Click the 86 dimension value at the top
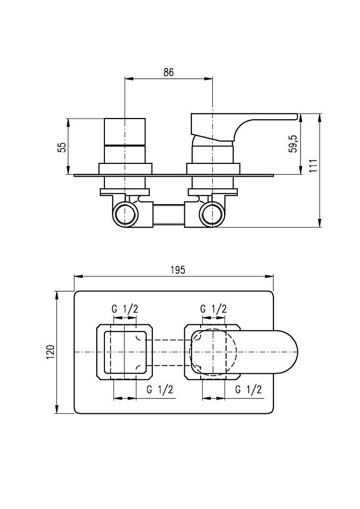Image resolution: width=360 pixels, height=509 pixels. coord(169,72)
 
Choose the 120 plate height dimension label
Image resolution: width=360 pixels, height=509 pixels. coord(50,352)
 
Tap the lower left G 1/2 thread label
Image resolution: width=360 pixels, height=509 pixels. coord(159,390)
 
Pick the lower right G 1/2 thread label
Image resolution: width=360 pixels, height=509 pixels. coord(249,390)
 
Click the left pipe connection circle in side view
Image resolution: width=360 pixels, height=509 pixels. coord(125,214)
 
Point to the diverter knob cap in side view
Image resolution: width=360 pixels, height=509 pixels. coord(125,131)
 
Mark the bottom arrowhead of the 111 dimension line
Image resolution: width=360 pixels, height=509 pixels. coord(320,224)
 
